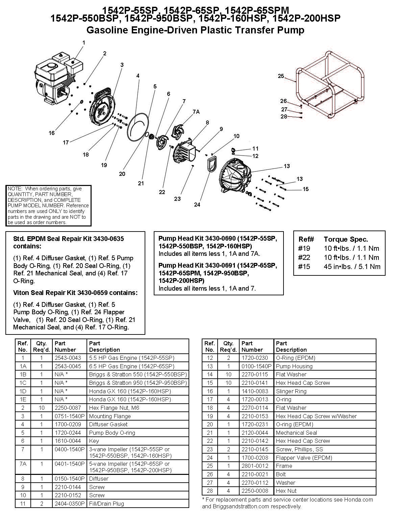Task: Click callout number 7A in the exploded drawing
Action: click(x=196, y=112)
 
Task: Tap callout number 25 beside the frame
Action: click(x=281, y=76)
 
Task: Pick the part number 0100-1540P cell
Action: click(x=256, y=366)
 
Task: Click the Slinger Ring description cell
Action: click(x=291, y=391)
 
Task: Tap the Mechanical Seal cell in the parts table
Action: click(x=296, y=433)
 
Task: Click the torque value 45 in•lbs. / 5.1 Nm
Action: click(x=352, y=266)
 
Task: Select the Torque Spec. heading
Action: click(x=346, y=239)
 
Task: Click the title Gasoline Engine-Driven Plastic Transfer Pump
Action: click(x=195, y=30)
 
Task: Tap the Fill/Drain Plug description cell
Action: click(x=106, y=504)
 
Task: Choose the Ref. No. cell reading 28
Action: click(x=210, y=491)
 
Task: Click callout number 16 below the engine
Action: click(x=51, y=133)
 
